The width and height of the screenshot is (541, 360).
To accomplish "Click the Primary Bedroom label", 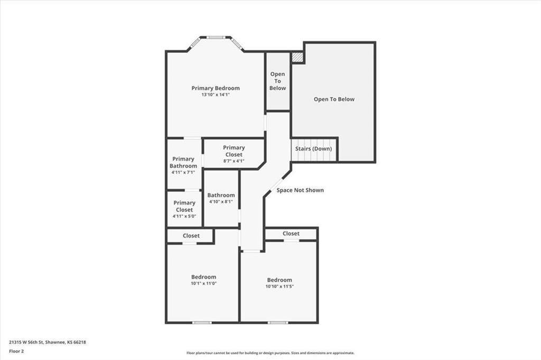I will pyautogui.click(x=216, y=88).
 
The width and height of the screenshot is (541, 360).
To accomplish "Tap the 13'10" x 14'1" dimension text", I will pyautogui.click(x=216, y=95).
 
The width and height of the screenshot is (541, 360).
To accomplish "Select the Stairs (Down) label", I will pyautogui.click(x=313, y=149).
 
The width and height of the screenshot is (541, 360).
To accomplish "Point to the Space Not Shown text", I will pyautogui.click(x=300, y=190).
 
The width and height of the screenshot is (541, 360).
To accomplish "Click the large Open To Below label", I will pyautogui.click(x=334, y=99).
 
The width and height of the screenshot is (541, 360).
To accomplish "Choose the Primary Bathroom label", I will pyautogui.click(x=183, y=162).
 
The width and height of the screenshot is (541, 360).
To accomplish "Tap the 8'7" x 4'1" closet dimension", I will pyautogui.click(x=234, y=161).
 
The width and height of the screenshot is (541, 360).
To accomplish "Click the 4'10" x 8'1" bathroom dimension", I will pyautogui.click(x=221, y=202).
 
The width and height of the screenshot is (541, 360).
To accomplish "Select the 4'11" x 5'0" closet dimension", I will pyautogui.click(x=184, y=216).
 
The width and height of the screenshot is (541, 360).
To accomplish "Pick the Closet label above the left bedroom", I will pyautogui.click(x=191, y=236).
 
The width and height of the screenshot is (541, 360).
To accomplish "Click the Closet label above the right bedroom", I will pyautogui.click(x=291, y=233).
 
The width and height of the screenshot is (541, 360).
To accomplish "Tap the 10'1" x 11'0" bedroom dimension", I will pyautogui.click(x=203, y=283).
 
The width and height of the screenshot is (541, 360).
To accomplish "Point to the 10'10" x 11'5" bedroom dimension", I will pyautogui.click(x=279, y=287).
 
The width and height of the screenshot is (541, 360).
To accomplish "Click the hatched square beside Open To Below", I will pyautogui.click(x=298, y=56).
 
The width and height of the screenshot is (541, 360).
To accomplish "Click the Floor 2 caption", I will pyautogui.click(x=16, y=350).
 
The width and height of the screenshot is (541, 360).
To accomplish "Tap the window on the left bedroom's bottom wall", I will pyautogui.click(x=201, y=322).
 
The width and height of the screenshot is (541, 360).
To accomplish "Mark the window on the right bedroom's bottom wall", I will pyautogui.click(x=278, y=322).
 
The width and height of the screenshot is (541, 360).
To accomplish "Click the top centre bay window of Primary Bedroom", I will pyautogui.click(x=215, y=37).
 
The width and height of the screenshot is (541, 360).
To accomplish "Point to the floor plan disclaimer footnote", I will pyautogui.click(x=270, y=353).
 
